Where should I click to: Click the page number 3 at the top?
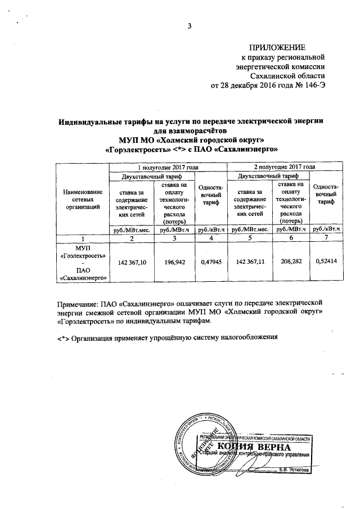190,25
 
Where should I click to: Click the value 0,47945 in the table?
211,262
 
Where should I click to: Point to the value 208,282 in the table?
290,262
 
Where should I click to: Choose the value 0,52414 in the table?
326,262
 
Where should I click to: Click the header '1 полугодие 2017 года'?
168,167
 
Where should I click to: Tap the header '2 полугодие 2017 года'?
284,167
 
